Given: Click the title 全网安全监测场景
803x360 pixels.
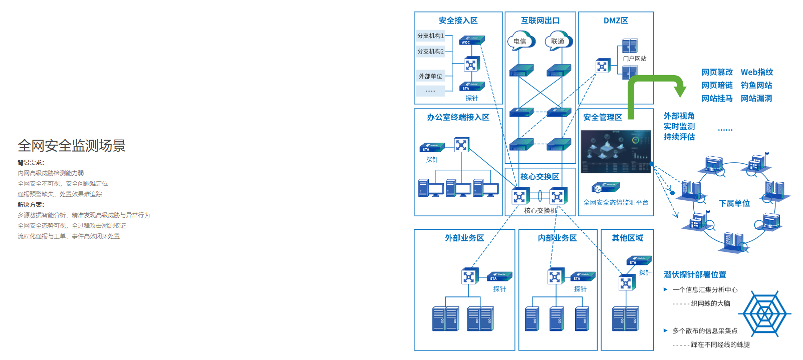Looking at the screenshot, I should [x=72, y=146].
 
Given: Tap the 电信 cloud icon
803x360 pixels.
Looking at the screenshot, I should [x=521, y=41].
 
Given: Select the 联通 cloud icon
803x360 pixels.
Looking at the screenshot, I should [x=558, y=41].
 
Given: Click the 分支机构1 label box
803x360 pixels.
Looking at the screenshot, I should [x=431, y=36].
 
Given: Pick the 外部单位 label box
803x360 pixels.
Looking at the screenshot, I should [x=431, y=76].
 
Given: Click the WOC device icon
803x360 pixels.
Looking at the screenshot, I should [x=471, y=40].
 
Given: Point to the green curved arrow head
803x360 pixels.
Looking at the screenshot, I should [x=680, y=91].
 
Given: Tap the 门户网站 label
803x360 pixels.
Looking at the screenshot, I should [x=635, y=59].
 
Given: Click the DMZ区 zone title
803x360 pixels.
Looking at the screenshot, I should [x=616, y=21].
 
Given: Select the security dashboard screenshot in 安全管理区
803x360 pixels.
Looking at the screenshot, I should [x=616, y=152].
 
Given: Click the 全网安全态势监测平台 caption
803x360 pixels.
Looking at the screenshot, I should [x=616, y=202].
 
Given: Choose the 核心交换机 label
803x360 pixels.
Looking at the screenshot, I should [x=541, y=210].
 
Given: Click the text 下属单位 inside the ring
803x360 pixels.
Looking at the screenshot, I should [x=734, y=203].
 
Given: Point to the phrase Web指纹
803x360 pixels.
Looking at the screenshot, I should [x=757, y=72].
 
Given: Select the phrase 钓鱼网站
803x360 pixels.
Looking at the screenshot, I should [x=756, y=85].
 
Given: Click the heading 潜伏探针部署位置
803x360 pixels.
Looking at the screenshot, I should [x=695, y=274].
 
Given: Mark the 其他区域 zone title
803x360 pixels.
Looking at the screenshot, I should [x=627, y=238].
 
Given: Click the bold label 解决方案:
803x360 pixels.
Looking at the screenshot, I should [x=31, y=204].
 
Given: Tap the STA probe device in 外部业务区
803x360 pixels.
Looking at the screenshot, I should [x=499, y=276].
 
